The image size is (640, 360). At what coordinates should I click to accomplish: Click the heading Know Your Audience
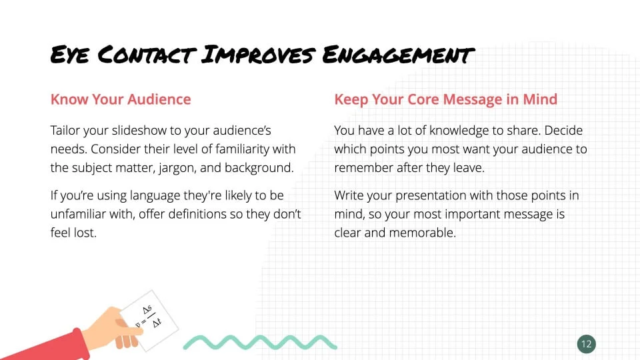[121, 99]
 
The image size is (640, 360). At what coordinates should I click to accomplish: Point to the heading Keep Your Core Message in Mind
[446, 99]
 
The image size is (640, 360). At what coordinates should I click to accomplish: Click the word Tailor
[65, 130]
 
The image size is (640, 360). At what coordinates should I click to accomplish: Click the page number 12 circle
[587, 344]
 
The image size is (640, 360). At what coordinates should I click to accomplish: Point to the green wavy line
[260, 343]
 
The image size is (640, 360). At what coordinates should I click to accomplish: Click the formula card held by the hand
[149, 321]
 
